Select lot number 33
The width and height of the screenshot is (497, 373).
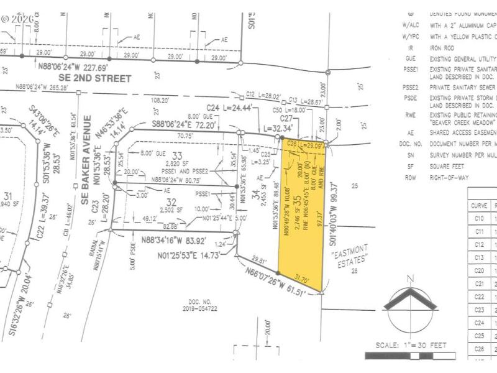click(x=178, y=155)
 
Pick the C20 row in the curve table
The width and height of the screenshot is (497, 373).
click(x=479, y=270)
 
